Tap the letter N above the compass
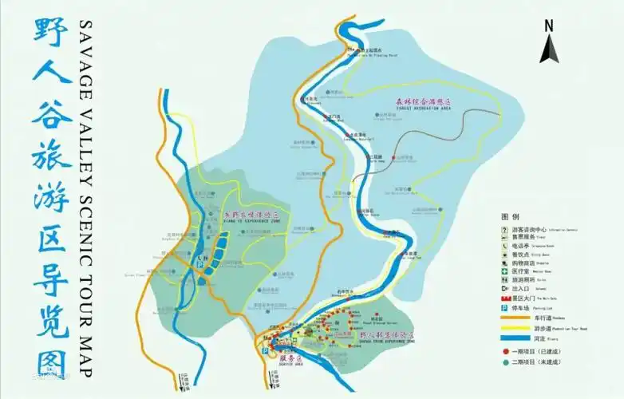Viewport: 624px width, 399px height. tap(548, 25)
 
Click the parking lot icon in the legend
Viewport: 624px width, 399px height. tap(505, 307)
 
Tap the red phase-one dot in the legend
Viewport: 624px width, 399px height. tap(505, 351)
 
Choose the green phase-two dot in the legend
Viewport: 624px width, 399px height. tap(505, 361)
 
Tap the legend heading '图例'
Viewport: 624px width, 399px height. tap(510, 216)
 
